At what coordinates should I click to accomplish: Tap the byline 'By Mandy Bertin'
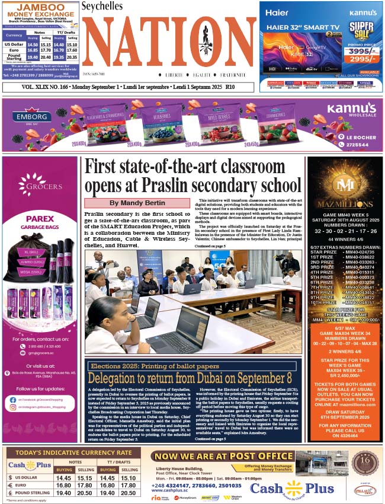[x=137, y=203]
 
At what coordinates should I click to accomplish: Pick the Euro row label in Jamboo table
[x=13, y=51]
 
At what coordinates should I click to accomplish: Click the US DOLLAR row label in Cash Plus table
[x=26, y=477]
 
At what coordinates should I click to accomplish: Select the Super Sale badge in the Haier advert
[x=360, y=28]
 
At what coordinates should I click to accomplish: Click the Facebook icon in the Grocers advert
[x=12, y=400]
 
